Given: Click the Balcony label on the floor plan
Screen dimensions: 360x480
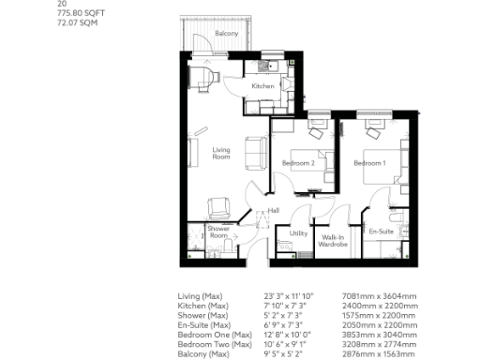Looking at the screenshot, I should (x=226, y=34).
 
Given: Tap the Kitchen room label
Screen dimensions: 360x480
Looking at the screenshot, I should (x=262, y=86).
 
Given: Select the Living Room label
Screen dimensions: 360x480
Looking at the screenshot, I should (x=221, y=154).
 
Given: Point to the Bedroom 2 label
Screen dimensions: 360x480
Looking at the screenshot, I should (x=297, y=164).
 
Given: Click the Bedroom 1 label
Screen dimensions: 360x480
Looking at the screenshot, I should (x=368, y=164).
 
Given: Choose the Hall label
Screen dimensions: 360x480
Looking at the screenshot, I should (x=274, y=210).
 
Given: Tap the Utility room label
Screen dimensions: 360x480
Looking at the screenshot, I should (x=299, y=232).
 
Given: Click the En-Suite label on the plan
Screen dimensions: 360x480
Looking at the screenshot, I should (x=381, y=230).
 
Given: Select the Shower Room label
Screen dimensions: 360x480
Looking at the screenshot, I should (x=218, y=232).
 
